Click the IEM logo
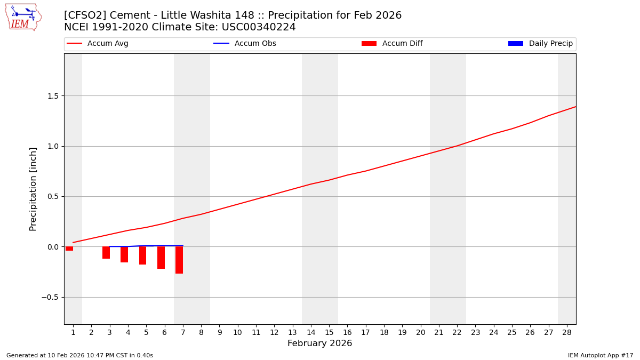23,17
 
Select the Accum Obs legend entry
245,44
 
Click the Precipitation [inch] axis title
33,189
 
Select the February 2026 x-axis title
319,343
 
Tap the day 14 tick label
311,332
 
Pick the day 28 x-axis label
567,332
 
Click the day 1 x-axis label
73,332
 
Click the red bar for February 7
179,260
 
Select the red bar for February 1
69,249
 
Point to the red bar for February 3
106,252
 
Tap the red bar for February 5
142,255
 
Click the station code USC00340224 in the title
260,27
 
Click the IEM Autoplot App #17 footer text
600,355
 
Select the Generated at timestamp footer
79,355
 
